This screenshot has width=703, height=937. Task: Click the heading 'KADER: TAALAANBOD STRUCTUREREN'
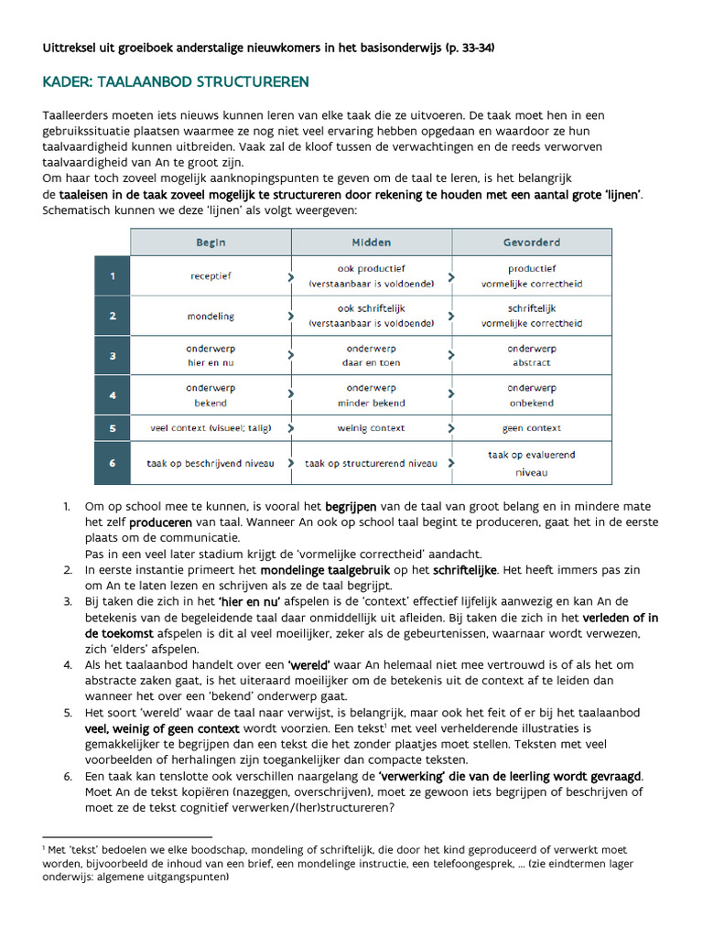tap(176, 82)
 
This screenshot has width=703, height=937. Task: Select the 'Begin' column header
tap(211, 242)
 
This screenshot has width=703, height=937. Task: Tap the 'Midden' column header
tap(371, 242)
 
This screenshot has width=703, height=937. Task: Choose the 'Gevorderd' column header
tap(532, 242)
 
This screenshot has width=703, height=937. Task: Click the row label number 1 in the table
tap(113, 275)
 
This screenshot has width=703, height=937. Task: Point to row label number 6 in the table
tap(113, 463)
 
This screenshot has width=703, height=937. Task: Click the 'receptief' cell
tap(211, 275)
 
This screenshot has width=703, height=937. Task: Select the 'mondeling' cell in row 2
tap(211, 316)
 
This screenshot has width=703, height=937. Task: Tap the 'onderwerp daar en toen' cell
tap(371, 356)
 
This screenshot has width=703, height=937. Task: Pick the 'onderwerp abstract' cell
tap(532, 356)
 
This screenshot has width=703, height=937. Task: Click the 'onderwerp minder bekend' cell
tap(371, 395)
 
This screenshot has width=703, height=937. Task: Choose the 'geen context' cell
tap(532, 428)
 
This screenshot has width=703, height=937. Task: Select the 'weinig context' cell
tap(371, 428)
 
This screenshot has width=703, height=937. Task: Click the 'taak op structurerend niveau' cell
tap(371, 463)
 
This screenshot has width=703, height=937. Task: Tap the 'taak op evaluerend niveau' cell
tap(532, 463)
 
